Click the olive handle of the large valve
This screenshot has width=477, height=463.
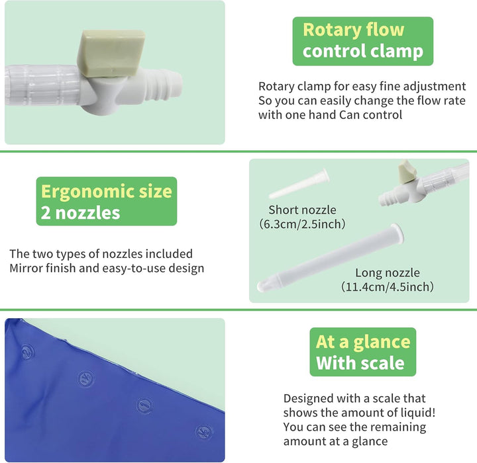111,52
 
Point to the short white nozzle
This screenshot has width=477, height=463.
299,184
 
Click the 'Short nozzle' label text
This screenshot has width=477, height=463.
302,210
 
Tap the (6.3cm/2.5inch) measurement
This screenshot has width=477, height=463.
302,224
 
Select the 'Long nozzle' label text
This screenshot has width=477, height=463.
388,273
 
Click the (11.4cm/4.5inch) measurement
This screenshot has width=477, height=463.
388,287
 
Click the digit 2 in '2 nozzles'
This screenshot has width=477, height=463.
46,213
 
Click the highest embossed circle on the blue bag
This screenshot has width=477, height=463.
27,352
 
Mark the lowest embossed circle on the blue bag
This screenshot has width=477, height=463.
204,432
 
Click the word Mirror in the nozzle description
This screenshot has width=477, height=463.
27,269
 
